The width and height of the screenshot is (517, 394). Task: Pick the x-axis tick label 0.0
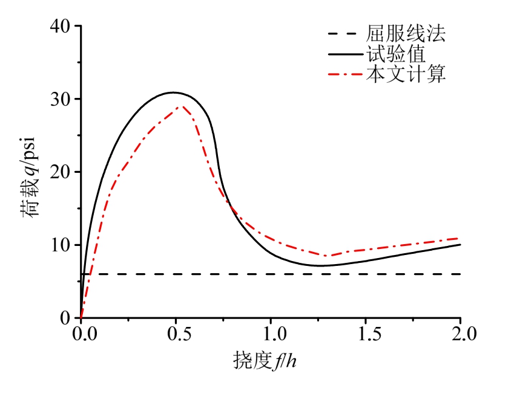pyautogui.click(x=81, y=334)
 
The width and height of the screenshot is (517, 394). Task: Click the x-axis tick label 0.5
pyautogui.click(x=176, y=334)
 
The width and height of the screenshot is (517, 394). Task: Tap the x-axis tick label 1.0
pyautogui.click(x=271, y=334)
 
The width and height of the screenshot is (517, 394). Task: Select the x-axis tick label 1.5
pyautogui.click(x=366, y=334)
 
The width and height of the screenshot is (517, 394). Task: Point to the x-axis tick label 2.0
pyautogui.click(x=460, y=334)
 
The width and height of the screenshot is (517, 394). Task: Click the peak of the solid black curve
pyautogui.click(x=174, y=92)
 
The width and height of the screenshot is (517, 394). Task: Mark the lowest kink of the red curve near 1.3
pyautogui.click(x=327, y=256)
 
